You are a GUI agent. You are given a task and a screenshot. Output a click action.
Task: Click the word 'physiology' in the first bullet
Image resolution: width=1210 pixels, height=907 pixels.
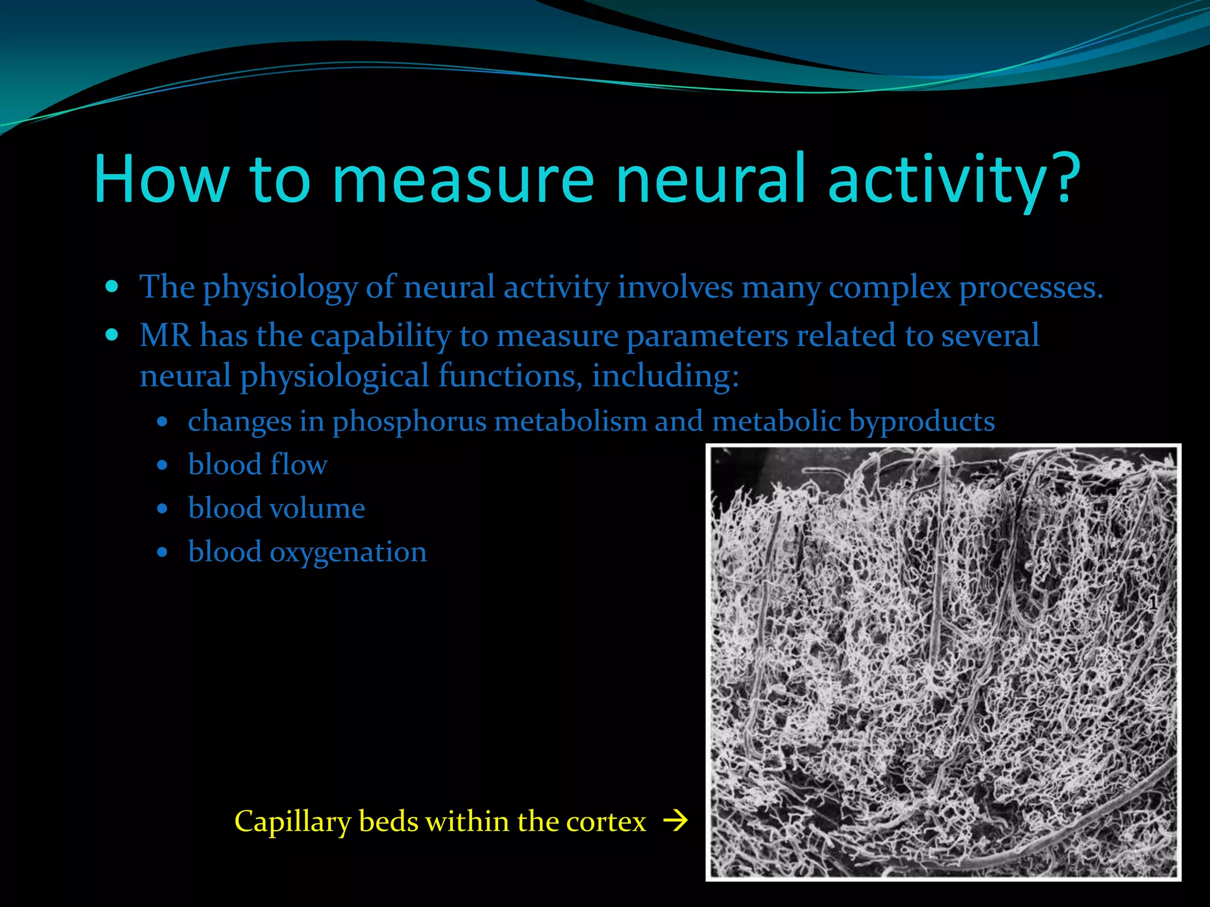(280, 289)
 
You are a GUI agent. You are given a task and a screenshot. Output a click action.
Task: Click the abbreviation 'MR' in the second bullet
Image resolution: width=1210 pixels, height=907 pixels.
(165, 335)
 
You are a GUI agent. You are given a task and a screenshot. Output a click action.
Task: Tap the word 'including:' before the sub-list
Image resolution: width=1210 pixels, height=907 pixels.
(665, 376)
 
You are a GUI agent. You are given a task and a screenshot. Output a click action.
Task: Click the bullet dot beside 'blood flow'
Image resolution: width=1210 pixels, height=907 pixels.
(162, 465)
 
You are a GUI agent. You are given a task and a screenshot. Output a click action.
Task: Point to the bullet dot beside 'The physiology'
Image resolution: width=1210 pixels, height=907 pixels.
(112, 288)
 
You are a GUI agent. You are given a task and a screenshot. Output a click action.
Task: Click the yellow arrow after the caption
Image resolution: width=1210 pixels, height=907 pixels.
(676, 821)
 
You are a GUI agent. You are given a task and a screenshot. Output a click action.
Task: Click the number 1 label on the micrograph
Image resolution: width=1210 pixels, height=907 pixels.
(1153, 602)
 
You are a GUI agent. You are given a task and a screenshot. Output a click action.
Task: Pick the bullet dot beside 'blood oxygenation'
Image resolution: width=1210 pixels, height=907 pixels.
(162, 553)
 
